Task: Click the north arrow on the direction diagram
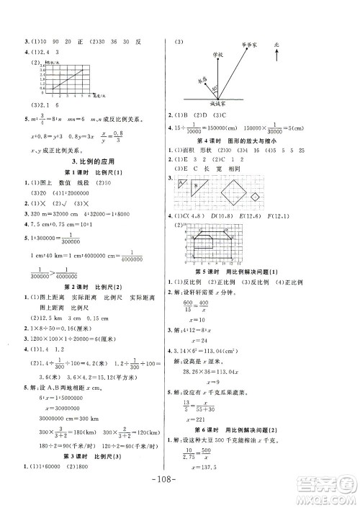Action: coord(276,53)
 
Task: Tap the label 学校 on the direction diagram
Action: coord(217,53)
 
